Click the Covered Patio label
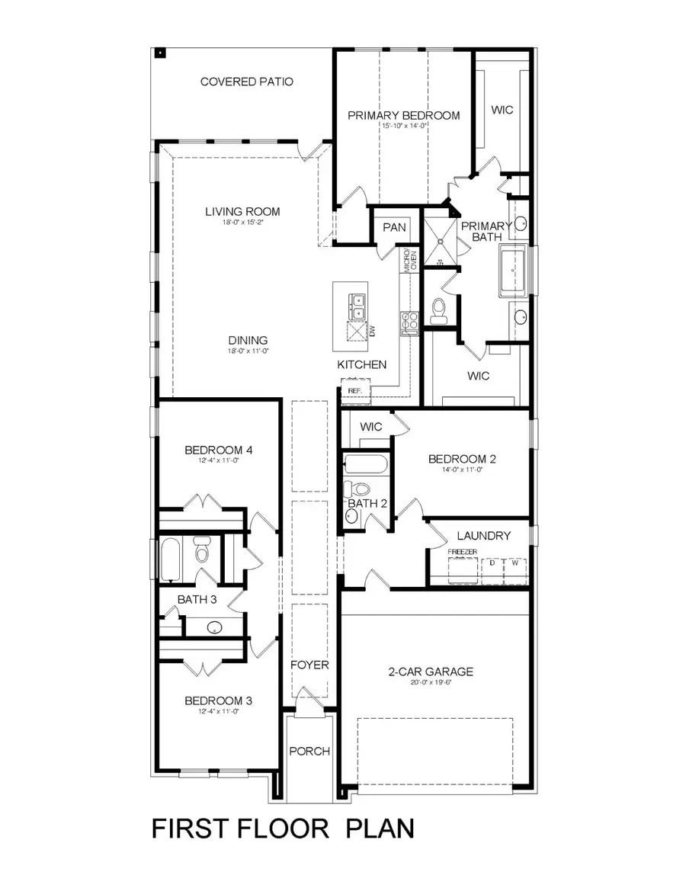coord(246,82)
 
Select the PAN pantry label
coord(393,227)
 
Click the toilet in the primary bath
coord(438,308)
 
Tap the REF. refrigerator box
coord(354,390)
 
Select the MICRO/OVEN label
coord(410,259)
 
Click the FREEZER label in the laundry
coord(462,550)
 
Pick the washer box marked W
coord(515,563)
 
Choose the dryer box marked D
coord(492,563)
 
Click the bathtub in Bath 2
coord(365,463)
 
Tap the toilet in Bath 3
coord(202,550)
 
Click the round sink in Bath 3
coord(215,628)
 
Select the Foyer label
coord(309,665)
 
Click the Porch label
coord(309,751)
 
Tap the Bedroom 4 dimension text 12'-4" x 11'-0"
coord(218,461)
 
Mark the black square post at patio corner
coord(161,53)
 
